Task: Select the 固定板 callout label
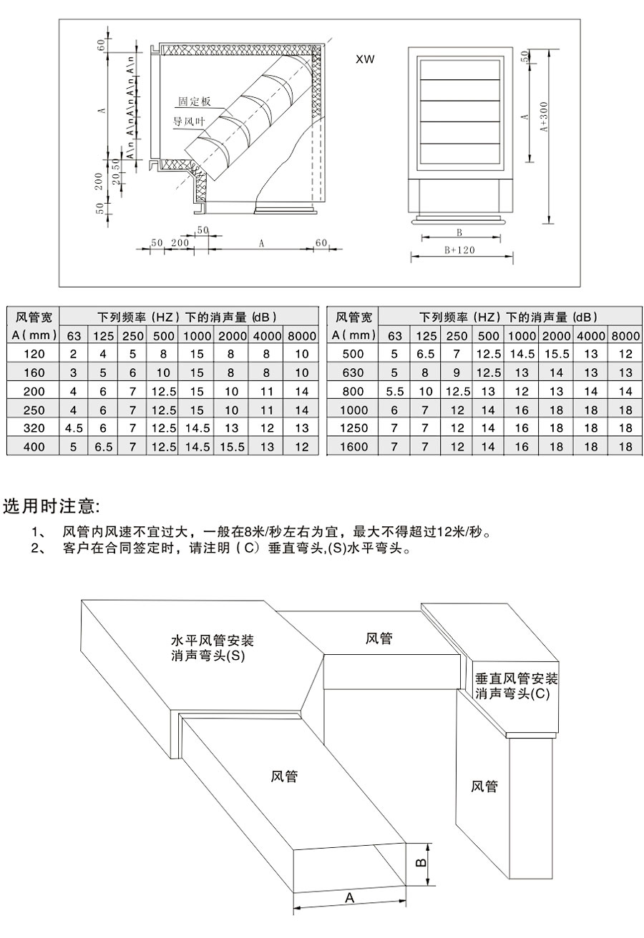(x=194, y=102)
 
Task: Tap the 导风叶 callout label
(x=187, y=122)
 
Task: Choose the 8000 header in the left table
(x=301, y=335)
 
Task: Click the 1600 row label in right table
(x=354, y=447)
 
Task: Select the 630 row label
(x=354, y=372)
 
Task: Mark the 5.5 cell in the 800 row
(x=395, y=391)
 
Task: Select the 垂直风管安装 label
(x=516, y=678)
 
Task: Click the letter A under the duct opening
(x=350, y=898)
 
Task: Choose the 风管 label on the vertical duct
(x=484, y=786)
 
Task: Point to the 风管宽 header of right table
(x=354, y=317)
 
